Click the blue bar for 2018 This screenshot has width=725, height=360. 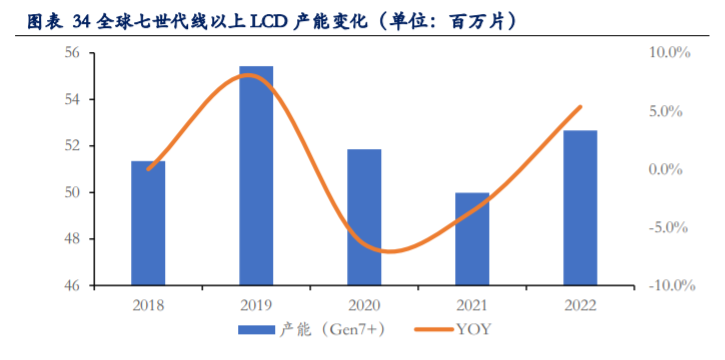click(148, 223)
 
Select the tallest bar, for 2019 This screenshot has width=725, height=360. click(256, 176)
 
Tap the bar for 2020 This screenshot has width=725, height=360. click(364, 217)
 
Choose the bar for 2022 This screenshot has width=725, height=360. click(580, 208)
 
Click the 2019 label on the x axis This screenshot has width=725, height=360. click(256, 304)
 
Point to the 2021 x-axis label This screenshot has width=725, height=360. click(472, 304)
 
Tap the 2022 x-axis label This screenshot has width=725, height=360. click(580, 304)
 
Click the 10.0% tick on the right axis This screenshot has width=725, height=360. click(668, 53)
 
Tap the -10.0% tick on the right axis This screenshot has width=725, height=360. click(666, 286)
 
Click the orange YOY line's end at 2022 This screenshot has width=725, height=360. click(580, 107)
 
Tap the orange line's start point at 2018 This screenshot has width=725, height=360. click(148, 169)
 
